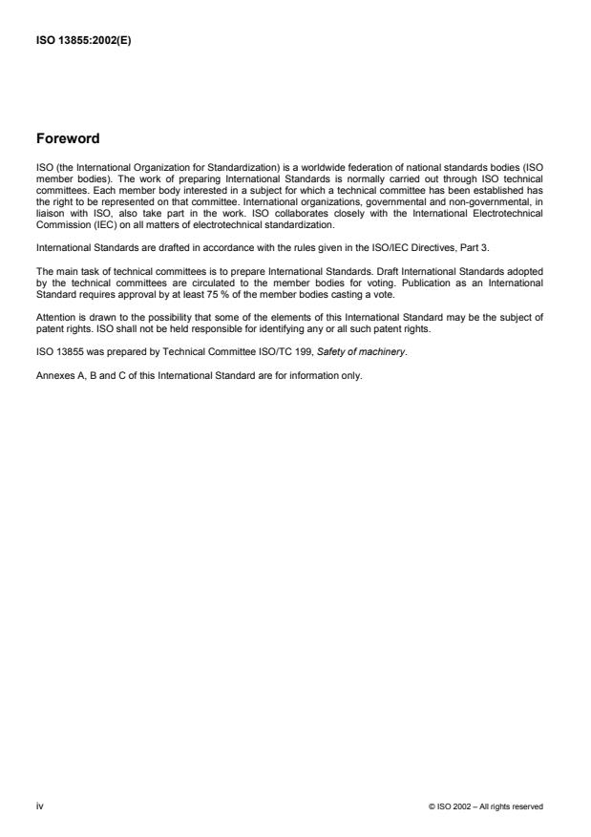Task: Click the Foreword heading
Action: click(68, 138)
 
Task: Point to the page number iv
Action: click(39, 806)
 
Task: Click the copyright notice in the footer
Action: click(487, 807)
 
